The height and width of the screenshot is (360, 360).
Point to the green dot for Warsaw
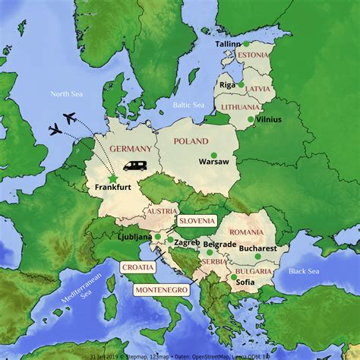click(x=213, y=155)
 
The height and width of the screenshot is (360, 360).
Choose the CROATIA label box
click(x=137, y=267)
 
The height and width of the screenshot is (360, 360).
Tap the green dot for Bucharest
click(x=258, y=256)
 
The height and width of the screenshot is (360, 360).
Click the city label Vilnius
click(x=268, y=120)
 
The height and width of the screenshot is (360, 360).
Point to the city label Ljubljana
click(x=136, y=238)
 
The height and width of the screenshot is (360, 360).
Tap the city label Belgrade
click(x=220, y=243)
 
